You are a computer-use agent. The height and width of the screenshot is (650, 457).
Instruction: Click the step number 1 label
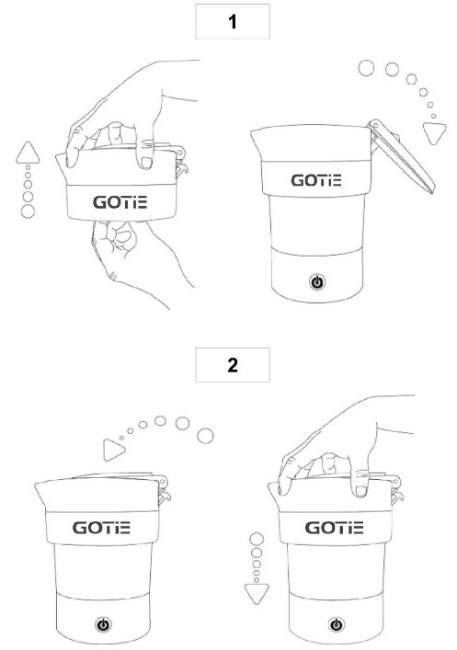[233, 21]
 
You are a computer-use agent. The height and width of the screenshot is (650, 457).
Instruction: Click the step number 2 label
[233, 365]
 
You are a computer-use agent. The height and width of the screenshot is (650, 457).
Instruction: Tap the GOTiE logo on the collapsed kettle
[120, 202]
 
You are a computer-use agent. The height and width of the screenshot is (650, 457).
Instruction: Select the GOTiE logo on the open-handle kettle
[316, 180]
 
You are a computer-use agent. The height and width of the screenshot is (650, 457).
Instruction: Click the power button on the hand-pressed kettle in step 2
[337, 624]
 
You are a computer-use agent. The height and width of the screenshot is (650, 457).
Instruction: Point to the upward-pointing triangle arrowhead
[28, 154]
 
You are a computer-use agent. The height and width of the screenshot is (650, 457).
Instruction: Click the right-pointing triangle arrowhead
[113, 450]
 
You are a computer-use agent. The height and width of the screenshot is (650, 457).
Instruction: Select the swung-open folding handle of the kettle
[400, 156]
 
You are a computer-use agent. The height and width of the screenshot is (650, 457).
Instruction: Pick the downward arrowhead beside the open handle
[434, 133]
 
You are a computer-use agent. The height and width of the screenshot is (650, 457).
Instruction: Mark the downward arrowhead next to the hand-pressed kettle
[257, 593]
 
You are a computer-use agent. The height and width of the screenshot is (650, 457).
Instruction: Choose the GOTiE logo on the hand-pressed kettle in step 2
[335, 528]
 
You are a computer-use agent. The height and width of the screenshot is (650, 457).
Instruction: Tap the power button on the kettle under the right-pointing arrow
[103, 624]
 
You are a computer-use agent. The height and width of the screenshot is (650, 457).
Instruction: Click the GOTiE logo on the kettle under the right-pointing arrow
[101, 528]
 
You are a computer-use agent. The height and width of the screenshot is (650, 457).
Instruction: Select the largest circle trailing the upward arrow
[28, 211]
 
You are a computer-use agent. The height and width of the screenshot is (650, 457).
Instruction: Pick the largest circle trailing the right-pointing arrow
[205, 436]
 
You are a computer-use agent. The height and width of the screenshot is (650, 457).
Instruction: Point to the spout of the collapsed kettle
[62, 165]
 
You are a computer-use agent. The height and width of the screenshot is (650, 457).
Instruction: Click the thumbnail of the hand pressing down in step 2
[360, 491]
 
